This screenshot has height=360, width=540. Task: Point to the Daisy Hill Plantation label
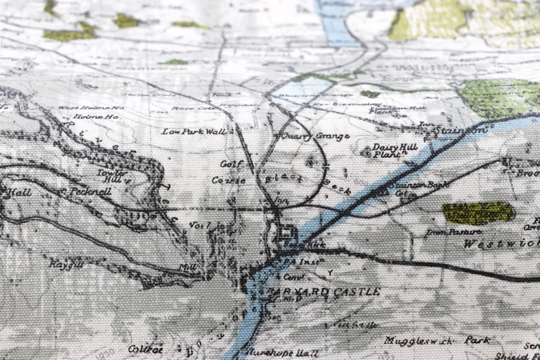point(390,150)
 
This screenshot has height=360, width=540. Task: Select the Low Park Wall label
point(193,132)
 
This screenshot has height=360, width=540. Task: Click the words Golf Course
point(229,172)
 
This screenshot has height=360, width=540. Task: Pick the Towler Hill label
point(110,175)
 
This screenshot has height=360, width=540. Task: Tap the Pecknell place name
point(91,191)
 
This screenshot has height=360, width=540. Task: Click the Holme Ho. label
point(89,116)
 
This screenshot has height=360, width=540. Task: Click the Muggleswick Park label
point(437,340)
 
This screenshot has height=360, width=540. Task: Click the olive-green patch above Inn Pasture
point(478,213)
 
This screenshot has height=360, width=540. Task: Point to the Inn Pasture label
point(461,231)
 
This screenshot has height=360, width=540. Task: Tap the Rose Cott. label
point(186,108)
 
